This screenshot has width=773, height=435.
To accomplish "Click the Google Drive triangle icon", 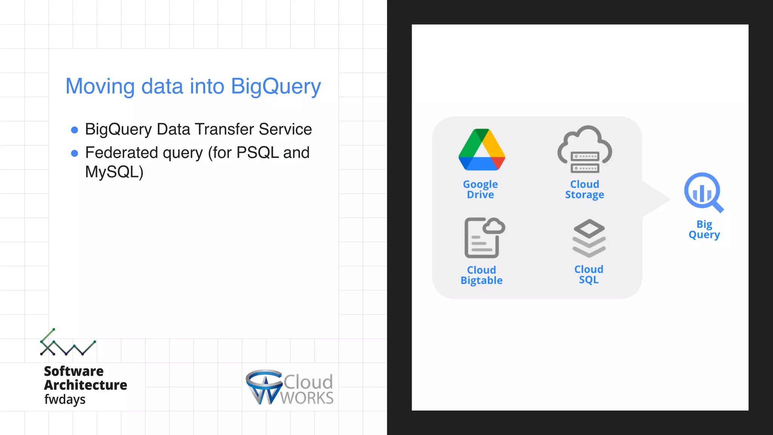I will [482, 151].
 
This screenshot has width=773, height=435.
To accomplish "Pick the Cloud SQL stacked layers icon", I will [589, 238].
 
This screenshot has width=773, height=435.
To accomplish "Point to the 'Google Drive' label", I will [480, 189].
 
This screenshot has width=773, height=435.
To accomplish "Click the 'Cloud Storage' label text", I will [584, 189].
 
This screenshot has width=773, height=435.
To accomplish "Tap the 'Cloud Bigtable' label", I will [482, 275].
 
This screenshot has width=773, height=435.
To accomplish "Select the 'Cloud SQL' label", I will [589, 275].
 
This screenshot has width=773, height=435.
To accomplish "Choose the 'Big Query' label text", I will [704, 229].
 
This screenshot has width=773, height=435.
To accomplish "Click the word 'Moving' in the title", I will [100, 86].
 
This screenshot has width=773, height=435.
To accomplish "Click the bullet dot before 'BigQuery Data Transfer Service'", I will [75, 130].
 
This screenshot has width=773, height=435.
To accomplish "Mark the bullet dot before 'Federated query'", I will [75, 153].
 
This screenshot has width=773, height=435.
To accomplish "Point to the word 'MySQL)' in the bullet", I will [114, 172].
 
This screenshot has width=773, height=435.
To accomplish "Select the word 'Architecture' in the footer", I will [86, 385].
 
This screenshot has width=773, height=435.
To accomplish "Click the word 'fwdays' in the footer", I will [65, 400].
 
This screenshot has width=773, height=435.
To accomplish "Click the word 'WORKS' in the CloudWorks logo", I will [307, 398].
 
